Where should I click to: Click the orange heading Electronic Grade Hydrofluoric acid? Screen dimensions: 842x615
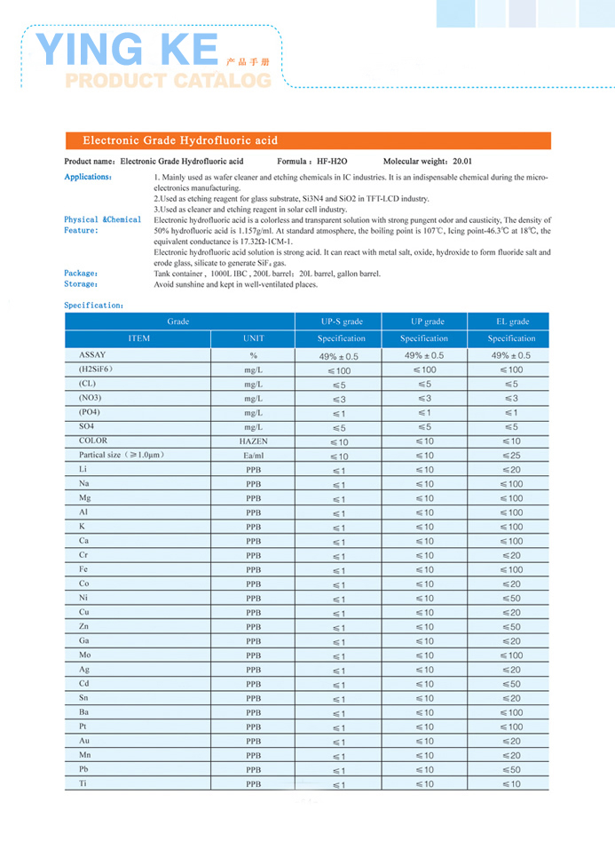pyautogui.click(x=180, y=140)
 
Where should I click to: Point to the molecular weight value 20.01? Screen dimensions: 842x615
pyautogui.click(x=461, y=162)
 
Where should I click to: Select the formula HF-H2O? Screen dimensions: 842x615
pyautogui.click(x=332, y=162)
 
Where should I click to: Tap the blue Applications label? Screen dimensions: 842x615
pyautogui.click(x=88, y=177)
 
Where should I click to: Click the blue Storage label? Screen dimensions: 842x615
pyautogui.click(x=82, y=284)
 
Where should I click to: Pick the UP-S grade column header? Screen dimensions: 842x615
pyautogui.click(x=341, y=322)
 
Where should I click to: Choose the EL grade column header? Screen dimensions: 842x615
pyautogui.click(x=511, y=322)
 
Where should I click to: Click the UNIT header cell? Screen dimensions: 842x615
pyautogui.click(x=253, y=338)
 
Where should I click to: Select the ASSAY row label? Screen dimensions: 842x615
pyautogui.click(x=92, y=354)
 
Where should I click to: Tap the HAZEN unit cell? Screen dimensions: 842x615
pyautogui.click(x=253, y=441)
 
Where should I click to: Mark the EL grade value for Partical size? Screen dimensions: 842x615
pyautogui.click(x=511, y=456)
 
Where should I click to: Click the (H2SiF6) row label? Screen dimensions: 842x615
pyautogui.click(x=96, y=369)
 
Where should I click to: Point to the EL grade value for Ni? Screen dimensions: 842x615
pyautogui.click(x=511, y=599)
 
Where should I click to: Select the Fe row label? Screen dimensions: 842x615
pyautogui.click(x=83, y=569)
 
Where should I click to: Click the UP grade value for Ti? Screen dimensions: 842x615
pyautogui.click(x=424, y=784)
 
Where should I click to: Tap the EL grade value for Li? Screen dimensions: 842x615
pyautogui.click(x=511, y=470)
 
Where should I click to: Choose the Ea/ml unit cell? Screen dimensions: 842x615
pyautogui.click(x=253, y=456)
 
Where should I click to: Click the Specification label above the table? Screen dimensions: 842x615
pyautogui.click(x=94, y=305)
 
